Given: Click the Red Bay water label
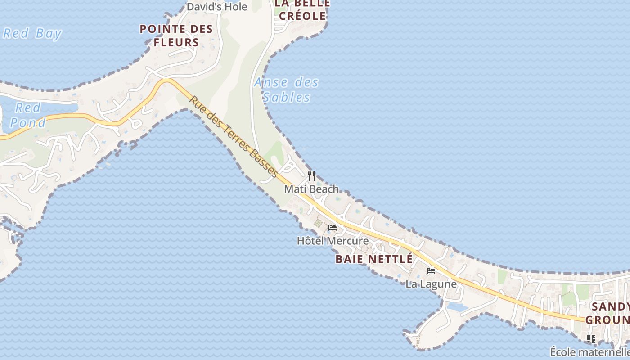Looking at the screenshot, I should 32,34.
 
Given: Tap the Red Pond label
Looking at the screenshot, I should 28,115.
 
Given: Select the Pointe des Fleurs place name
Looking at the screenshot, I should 176,36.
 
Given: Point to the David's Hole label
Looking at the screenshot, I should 217,7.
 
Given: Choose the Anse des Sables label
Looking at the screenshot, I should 286,90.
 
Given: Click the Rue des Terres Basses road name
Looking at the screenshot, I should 234,136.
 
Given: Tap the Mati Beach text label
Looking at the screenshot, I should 311,189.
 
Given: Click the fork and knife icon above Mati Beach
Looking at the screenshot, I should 311,175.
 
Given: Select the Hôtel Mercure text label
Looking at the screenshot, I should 333,241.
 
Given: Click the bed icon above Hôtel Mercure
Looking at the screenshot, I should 333,228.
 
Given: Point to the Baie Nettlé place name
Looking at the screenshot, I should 374,259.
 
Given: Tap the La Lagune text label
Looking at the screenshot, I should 431,284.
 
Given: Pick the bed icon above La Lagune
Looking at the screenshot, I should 431,271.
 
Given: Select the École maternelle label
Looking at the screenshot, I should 589,352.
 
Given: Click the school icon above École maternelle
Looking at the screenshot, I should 591,338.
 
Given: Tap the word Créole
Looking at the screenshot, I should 302,16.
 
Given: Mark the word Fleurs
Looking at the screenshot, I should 176,43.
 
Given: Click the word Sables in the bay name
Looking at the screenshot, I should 287,97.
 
